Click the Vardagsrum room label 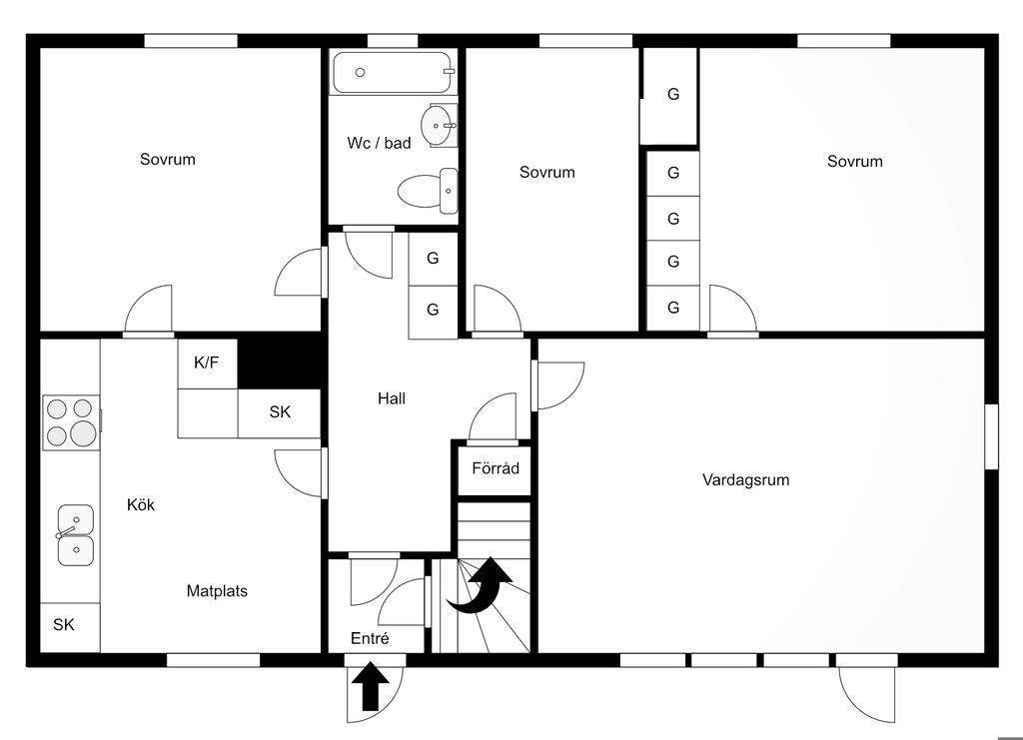click(x=745, y=480)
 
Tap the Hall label click(x=392, y=398)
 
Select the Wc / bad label click(x=379, y=143)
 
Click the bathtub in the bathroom click(x=393, y=72)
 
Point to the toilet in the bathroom click(x=428, y=191)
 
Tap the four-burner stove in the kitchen click(x=71, y=422)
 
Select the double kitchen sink click(x=75, y=535)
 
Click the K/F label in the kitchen click(x=206, y=363)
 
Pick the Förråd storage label click(x=496, y=468)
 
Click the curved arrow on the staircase click(x=480, y=586)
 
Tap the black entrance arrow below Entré click(x=370, y=686)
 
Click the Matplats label click(x=217, y=591)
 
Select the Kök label click(x=141, y=504)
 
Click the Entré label click(x=370, y=638)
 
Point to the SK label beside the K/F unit click(x=280, y=412)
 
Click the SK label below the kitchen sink click(x=64, y=625)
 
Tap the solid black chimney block click(x=282, y=361)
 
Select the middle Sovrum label click(x=547, y=172)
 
